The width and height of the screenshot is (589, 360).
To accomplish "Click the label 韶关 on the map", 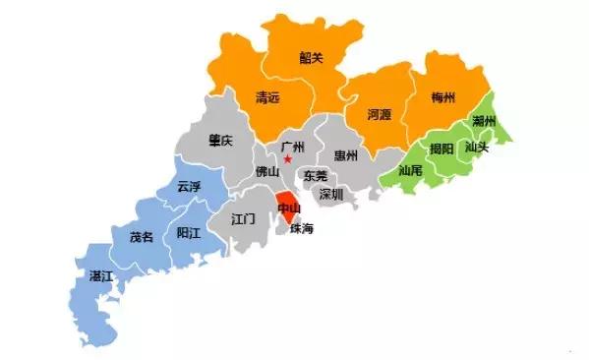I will [311, 58].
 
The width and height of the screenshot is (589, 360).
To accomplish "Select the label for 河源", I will [379, 114].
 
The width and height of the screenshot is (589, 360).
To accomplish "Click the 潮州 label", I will [483, 121].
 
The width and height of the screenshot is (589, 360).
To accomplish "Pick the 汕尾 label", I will [410, 170].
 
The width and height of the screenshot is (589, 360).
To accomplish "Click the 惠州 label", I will [346, 155].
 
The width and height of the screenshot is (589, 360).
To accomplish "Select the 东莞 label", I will [316, 175].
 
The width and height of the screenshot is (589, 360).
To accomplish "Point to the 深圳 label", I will [331, 194].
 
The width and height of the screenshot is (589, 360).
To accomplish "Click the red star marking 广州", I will [288, 159].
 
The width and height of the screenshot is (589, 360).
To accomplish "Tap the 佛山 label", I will [267, 171].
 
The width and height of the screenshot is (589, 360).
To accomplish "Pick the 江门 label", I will [243, 217].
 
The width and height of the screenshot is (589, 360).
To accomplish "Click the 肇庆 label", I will [220, 142].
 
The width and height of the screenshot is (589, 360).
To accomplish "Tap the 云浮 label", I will [188, 186].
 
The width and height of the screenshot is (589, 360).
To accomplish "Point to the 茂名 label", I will [141, 237].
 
